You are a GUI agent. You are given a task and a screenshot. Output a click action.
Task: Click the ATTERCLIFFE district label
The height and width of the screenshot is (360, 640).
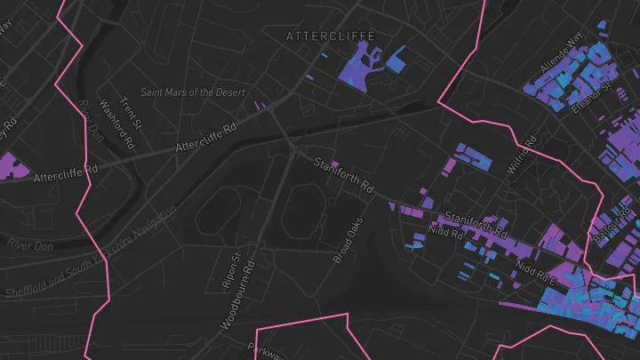[x=331, y=36]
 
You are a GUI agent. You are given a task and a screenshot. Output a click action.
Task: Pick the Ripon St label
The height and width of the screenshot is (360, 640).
[x=230, y=271]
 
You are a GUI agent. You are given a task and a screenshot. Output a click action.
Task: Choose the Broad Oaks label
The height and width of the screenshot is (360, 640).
[x=349, y=241]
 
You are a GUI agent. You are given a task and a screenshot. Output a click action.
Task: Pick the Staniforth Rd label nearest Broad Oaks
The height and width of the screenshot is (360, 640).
[x=342, y=174]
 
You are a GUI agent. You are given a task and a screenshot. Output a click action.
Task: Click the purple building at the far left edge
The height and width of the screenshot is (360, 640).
[x=11, y=165]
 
